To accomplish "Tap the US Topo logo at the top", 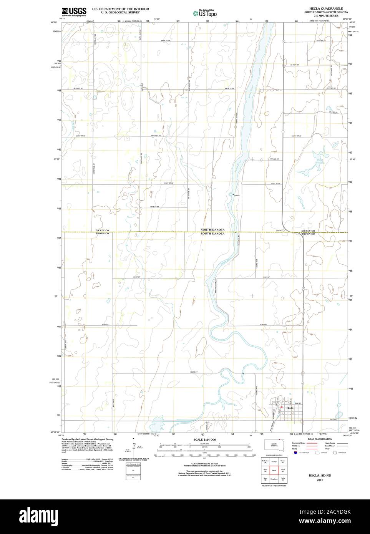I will point(205,13).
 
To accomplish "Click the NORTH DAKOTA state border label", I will point(212,230).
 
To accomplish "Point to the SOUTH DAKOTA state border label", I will point(212,234).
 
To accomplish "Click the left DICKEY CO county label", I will point(103,230).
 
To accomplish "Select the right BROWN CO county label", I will point(308,234).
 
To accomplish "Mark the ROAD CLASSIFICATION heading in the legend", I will point(317,439).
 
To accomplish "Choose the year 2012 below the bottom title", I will point(320,480).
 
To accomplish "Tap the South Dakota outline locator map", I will point(275,444).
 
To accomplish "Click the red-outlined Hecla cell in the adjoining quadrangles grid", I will point(274,470).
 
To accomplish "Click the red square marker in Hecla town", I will point(282,407).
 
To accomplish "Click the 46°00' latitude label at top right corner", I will point(351,22).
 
